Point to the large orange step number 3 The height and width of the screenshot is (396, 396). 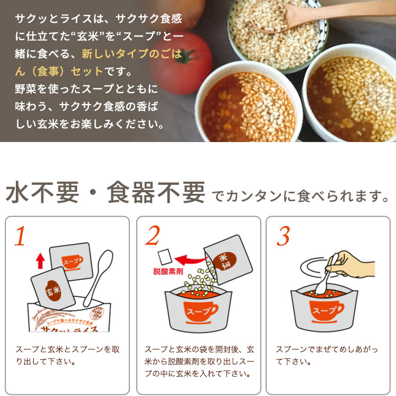point(282,237)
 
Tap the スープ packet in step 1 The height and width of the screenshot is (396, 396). point(72,262)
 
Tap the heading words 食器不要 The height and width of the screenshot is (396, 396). point(156,193)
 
